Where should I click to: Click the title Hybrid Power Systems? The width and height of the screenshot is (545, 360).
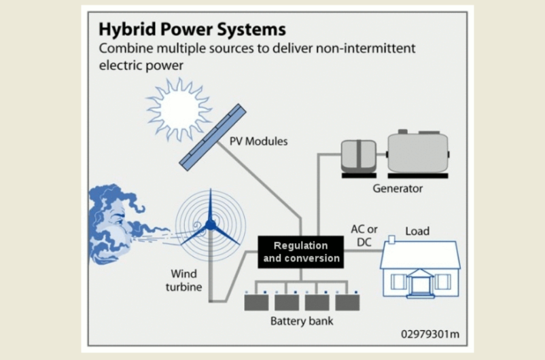[192, 30]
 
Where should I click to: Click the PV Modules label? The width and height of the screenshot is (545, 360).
[258, 142]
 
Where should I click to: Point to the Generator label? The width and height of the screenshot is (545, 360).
[398, 188]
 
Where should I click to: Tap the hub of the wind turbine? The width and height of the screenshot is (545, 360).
[210, 223]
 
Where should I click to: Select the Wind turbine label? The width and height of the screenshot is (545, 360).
[183, 281]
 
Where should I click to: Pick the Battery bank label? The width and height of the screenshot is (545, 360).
[302, 321]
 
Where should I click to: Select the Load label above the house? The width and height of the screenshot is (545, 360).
[417, 231]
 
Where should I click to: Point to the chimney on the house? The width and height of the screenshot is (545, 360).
[392, 240]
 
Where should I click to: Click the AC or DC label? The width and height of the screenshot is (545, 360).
[364, 235]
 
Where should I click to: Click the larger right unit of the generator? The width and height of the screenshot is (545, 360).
[417, 153]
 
